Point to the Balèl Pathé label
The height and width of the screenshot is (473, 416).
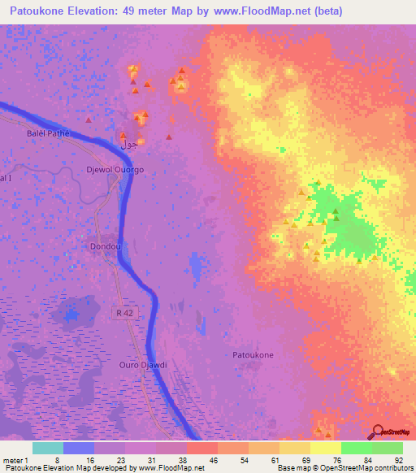[49, 133]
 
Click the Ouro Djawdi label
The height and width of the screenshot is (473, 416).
[142, 365]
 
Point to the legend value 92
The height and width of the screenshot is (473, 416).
[398, 460]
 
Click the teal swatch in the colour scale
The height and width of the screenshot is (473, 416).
[48, 448]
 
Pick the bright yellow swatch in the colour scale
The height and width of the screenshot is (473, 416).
[326, 448]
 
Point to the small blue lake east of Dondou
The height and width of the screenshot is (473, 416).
[195, 265]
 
